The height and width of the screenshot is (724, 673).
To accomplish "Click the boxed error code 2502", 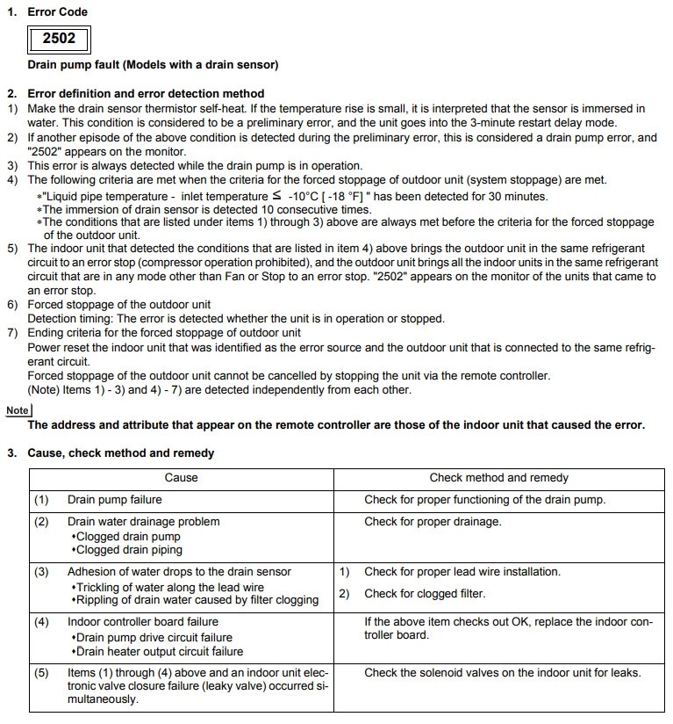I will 59,39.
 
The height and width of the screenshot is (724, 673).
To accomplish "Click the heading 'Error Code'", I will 58,11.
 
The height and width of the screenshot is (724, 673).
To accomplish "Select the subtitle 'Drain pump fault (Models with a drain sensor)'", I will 153,66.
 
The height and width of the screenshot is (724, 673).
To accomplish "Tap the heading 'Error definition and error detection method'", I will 146,93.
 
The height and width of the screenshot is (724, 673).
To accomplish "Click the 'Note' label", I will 18,410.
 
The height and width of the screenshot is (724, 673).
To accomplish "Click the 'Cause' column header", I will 181,478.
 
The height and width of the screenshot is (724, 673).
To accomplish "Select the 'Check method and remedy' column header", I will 498,478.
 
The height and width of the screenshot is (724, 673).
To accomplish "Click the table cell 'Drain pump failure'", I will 114,500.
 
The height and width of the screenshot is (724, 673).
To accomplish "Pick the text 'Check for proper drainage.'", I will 433,522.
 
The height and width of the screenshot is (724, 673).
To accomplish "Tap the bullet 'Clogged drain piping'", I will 129,550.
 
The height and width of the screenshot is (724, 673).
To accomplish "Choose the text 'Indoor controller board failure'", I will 143,622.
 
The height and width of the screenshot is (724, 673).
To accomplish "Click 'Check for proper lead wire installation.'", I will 462,572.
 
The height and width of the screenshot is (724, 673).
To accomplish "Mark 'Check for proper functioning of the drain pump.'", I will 485,500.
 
